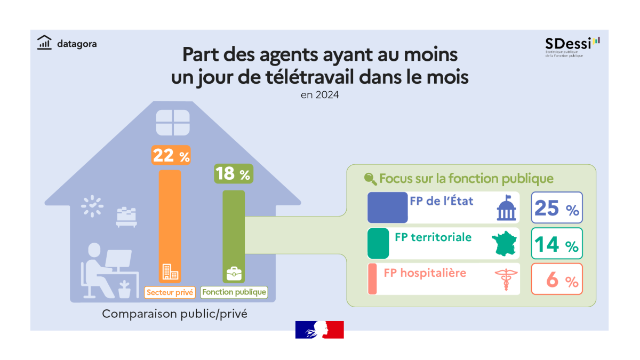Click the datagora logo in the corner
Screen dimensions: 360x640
tap(67, 43)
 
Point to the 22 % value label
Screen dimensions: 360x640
tap(171, 155)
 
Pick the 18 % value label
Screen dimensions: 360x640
tap(233, 174)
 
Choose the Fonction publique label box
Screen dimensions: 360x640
tap(234, 292)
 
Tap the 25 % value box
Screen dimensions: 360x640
tap(557, 208)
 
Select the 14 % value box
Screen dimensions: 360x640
tap(557, 244)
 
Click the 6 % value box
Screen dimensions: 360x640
tap(557, 279)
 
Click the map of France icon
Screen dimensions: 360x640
tap(505, 244)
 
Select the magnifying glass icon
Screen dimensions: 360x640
tap(370, 179)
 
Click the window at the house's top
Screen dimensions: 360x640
tap(173, 122)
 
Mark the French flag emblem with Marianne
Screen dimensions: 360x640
tap(319, 330)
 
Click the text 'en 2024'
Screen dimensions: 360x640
tap(319, 96)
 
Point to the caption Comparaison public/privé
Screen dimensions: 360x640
tap(174, 314)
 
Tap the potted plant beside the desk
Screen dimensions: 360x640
tap(124, 289)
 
